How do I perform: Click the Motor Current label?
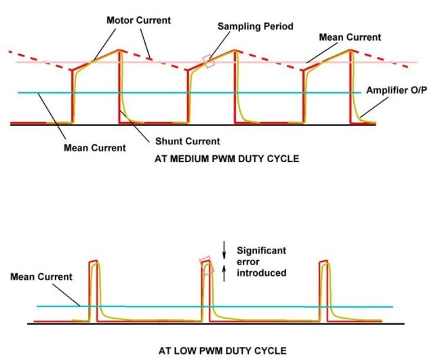pos(138,20)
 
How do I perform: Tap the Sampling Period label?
pos(255,26)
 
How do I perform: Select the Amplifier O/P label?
pos(397,90)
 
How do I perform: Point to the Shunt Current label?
pos(187,141)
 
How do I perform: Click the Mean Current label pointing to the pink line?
pos(350,37)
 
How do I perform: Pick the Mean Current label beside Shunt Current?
pos(95,148)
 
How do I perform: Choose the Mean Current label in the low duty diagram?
pos(41,277)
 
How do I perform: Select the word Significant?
pos(261,251)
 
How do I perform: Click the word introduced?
pos(261,273)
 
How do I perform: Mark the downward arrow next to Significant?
pos(224,250)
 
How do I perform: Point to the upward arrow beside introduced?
pos(224,273)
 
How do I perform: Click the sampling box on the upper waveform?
pos(209,62)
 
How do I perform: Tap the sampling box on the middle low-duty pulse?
pos(207,266)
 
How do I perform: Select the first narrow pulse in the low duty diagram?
pos(94,291)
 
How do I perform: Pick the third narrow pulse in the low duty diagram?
pos(324,291)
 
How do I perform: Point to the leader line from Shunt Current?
pos(135,127)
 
